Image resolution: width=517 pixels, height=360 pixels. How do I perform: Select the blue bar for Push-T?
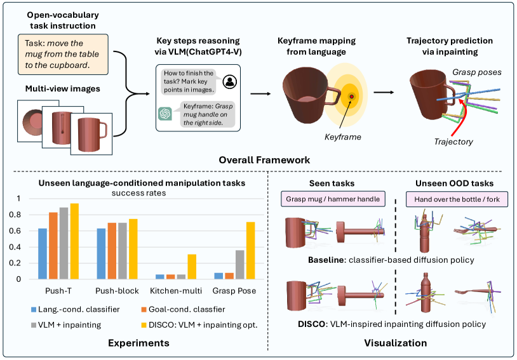[43, 253]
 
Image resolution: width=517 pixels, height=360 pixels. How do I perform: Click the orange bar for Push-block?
[112, 250]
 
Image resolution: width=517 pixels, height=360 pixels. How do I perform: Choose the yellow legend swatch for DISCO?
[142, 326]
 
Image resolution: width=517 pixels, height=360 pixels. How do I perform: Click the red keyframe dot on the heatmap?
[351, 96]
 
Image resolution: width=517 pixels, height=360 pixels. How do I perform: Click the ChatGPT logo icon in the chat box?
[165, 114]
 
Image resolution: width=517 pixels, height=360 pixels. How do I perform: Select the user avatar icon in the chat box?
[231, 81]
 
